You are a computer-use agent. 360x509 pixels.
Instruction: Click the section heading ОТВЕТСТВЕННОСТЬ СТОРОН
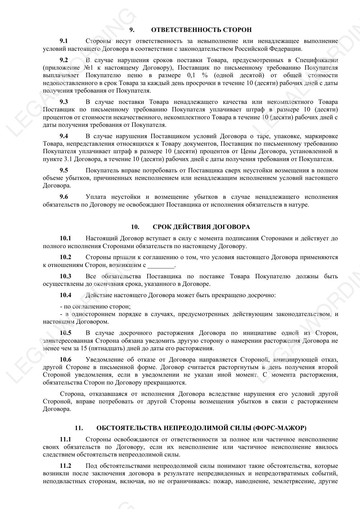coord(201,30)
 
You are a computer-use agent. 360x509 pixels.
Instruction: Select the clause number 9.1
coord(64,41)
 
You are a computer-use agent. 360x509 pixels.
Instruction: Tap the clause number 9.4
coord(64,136)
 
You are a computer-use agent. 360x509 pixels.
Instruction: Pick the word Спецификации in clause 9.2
coord(316,60)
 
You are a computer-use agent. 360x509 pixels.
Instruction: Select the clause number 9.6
coord(64,197)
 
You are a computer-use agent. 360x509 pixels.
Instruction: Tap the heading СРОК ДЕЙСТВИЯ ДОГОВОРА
coord(201,227)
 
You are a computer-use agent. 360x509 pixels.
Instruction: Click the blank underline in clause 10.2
coord(161,265)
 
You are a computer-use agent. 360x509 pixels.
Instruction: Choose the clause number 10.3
coord(66,276)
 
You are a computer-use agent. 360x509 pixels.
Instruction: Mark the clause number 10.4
coord(66,295)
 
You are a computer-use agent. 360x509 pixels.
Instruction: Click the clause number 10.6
coord(66,360)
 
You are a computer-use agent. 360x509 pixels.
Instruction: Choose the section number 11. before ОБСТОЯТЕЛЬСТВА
coord(79,428)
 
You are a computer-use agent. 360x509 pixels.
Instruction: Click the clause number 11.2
coord(66,466)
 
